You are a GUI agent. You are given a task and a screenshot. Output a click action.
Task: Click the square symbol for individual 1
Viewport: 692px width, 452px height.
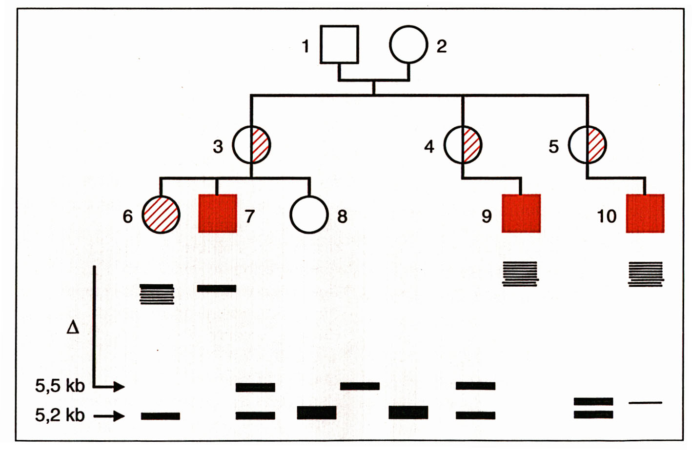(339, 44)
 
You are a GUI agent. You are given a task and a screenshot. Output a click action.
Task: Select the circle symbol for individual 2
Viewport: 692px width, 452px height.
(408, 44)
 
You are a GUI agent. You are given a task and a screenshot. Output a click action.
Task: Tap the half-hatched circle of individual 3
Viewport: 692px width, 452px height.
(251, 145)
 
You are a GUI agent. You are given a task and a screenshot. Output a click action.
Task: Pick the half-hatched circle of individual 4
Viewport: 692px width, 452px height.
(462, 145)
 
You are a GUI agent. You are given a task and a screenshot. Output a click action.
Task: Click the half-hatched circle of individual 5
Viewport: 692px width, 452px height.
(587, 145)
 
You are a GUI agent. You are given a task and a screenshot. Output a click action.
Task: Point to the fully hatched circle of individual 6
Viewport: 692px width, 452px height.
(161, 215)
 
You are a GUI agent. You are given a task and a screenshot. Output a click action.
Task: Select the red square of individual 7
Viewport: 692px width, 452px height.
(218, 214)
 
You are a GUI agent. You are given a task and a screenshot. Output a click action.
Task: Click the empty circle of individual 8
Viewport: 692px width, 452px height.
(309, 215)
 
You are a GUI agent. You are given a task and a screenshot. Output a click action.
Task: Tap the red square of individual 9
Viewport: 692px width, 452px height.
(521, 214)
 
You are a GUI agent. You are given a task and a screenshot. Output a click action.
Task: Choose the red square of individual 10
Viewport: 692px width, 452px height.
(645, 214)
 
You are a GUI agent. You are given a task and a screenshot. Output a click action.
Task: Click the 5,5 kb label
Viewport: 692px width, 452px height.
(60, 386)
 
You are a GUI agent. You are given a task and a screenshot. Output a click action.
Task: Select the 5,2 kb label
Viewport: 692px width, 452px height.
(60, 415)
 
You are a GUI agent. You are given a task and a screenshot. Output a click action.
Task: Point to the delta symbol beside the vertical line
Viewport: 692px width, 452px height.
(73, 327)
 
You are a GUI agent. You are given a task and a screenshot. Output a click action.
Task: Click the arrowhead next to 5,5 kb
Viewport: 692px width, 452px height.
(119, 387)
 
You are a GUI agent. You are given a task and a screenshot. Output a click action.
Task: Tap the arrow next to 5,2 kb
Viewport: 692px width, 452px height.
(109, 416)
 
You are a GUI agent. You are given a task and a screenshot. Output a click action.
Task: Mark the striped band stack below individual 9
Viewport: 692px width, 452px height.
(520, 274)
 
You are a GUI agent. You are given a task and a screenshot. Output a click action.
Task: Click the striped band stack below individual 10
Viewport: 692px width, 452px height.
(646, 274)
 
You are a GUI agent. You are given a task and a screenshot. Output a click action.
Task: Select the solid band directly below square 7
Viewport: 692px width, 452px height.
(217, 289)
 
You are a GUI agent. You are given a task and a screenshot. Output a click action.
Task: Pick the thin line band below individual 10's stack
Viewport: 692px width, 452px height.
(645, 403)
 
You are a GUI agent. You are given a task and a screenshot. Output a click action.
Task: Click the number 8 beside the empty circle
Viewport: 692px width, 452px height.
(342, 216)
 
